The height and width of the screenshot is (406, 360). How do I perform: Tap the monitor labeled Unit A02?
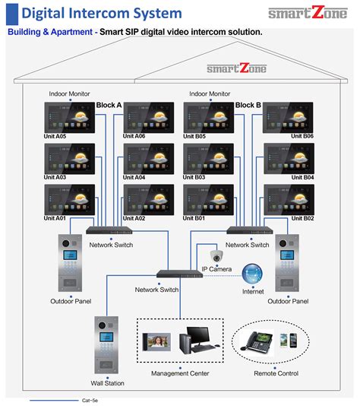coord(148,200)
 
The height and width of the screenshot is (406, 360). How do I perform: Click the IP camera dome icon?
coord(216,256)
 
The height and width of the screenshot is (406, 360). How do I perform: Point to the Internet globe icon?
coord(252,274)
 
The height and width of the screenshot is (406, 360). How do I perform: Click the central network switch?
coord(180,273)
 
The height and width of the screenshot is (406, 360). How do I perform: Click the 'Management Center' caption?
coord(180,373)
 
